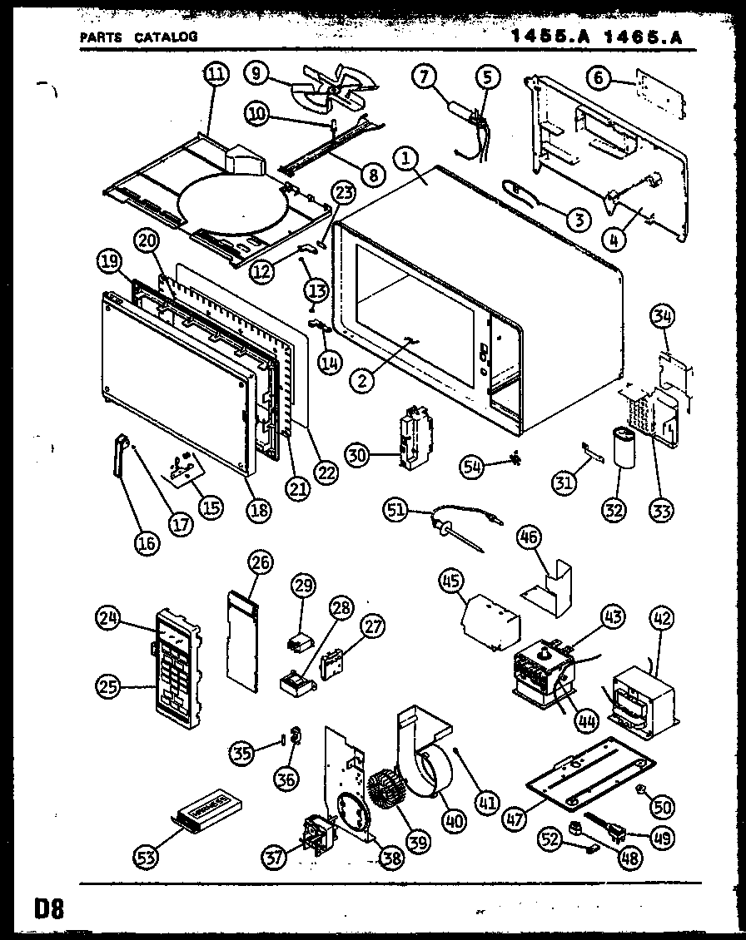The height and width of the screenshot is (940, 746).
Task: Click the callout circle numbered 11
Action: click(x=215, y=73)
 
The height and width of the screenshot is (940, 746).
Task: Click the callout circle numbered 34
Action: click(x=664, y=316)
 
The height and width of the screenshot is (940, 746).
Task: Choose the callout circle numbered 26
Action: click(x=260, y=563)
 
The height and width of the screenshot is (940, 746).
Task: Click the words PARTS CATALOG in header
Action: click(x=138, y=37)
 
